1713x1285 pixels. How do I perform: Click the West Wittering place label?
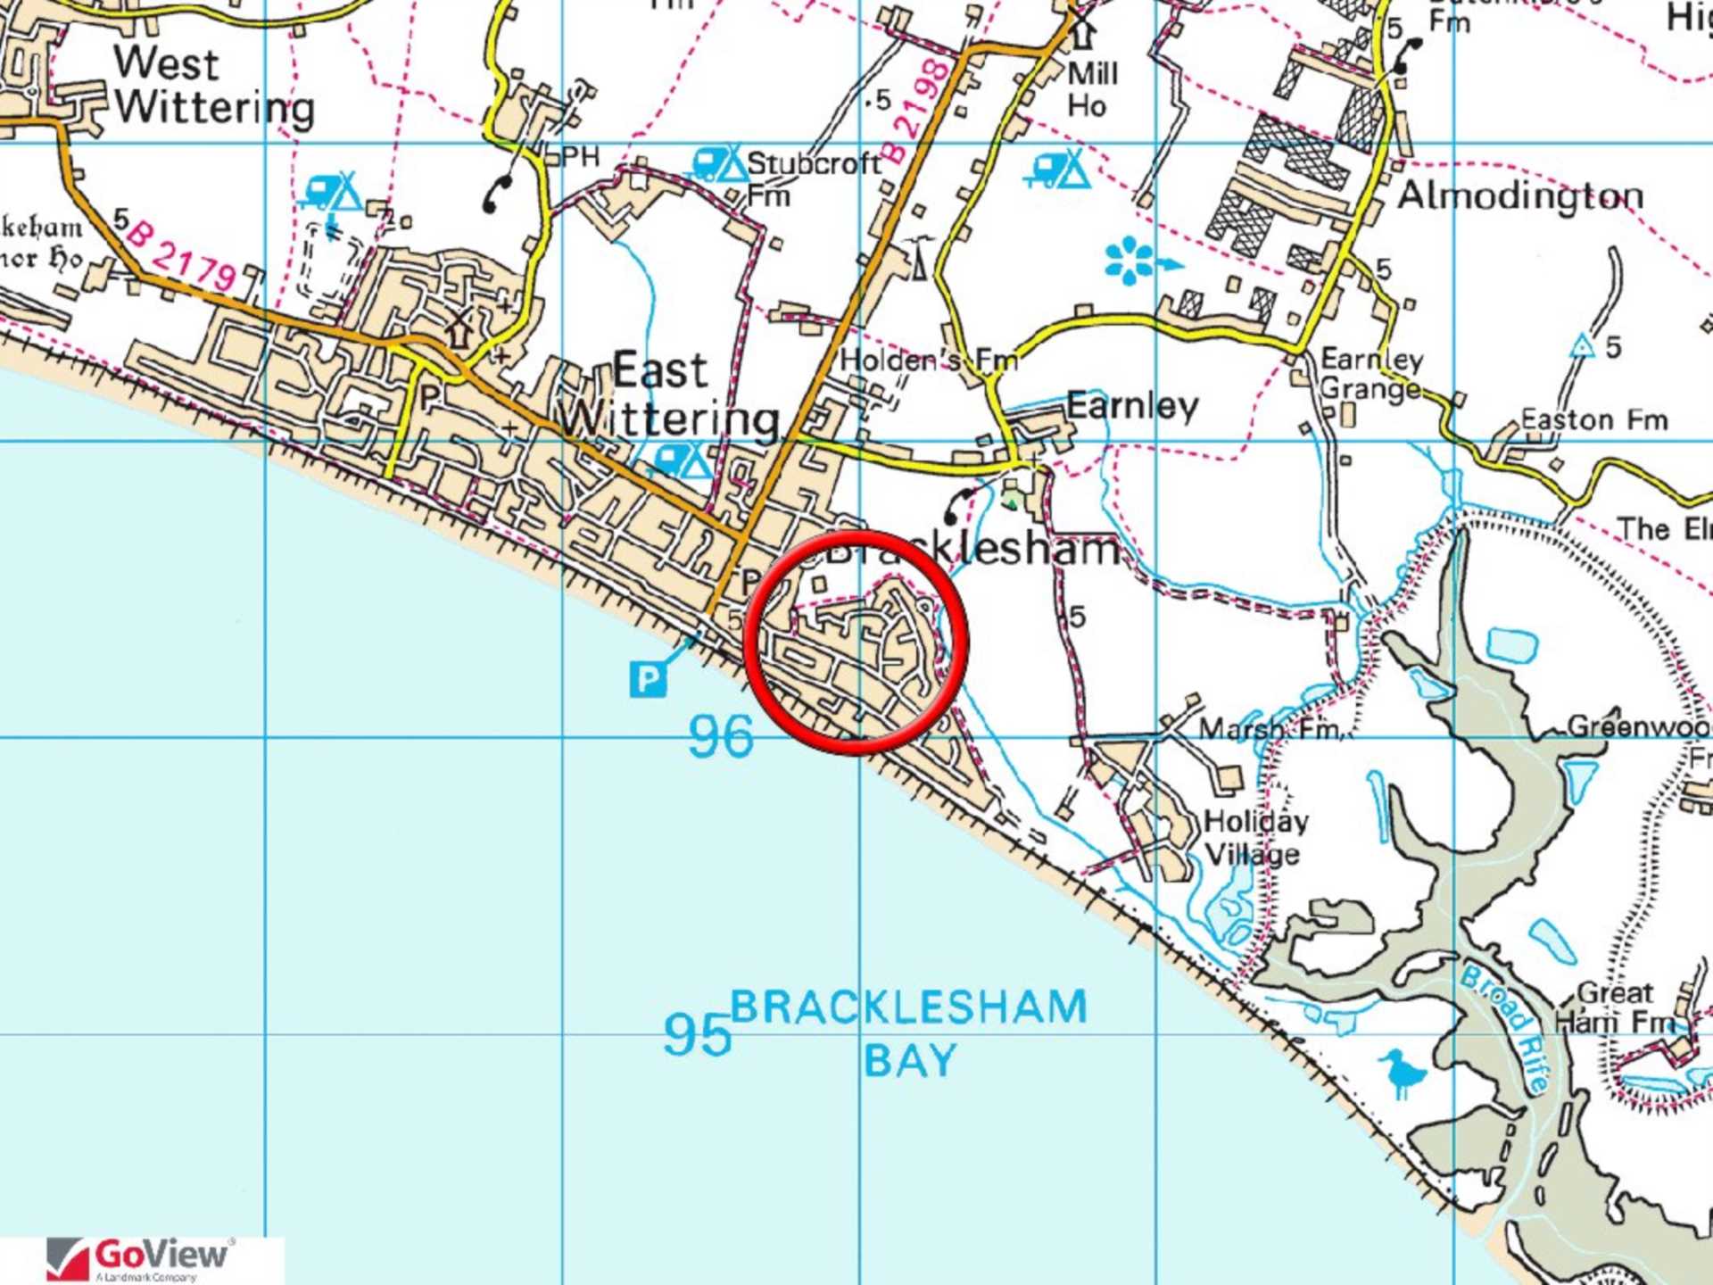tap(214, 86)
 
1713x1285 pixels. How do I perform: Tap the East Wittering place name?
tap(669, 394)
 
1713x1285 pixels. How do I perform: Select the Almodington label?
tap(1519, 195)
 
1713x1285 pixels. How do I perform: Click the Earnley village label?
tap(1132, 406)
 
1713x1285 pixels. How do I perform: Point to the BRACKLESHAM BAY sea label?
tap(908, 1033)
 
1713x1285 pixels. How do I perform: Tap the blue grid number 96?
tap(721, 737)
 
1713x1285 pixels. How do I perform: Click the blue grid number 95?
tap(697, 1034)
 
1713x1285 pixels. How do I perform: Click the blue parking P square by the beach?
tap(648, 680)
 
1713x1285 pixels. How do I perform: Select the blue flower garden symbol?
tap(1130, 261)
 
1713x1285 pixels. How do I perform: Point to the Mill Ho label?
tap(1090, 89)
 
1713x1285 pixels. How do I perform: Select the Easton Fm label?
tap(1593, 419)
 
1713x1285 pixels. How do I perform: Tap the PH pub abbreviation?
tap(581, 157)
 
